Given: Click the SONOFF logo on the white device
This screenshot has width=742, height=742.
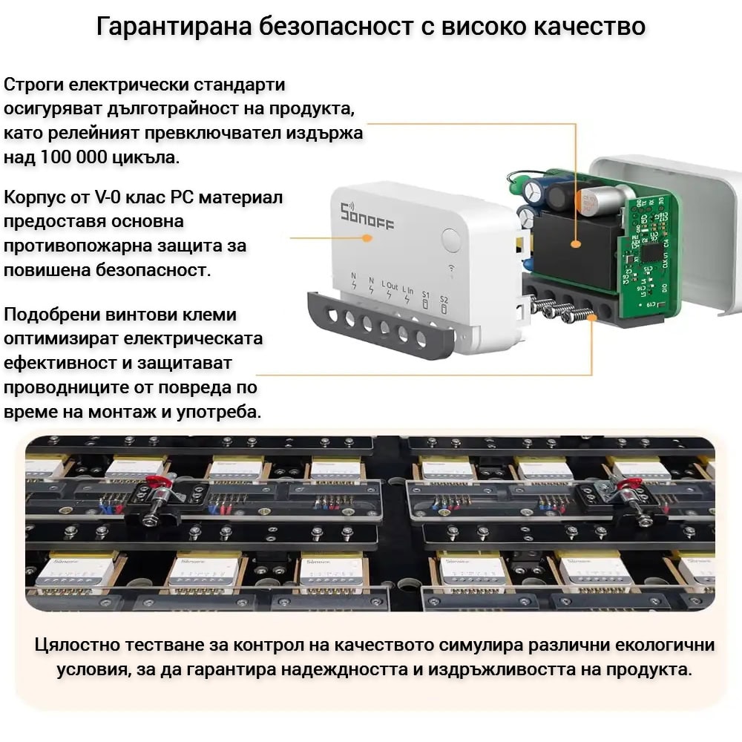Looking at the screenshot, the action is pyautogui.click(x=367, y=216).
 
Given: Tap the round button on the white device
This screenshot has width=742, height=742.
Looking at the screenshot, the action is pyautogui.click(x=451, y=240).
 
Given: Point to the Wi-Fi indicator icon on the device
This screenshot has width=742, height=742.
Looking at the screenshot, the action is pyautogui.click(x=452, y=269).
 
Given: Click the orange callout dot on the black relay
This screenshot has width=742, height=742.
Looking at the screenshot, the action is pyautogui.click(x=576, y=244).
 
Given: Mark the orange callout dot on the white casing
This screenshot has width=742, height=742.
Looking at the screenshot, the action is pyautogui.click(x=367, y=237).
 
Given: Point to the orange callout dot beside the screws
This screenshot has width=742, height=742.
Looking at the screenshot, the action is pyautogui.click(x=591, y=318).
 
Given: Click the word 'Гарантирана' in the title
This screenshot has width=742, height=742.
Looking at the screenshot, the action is pyautogui.click(x=174, y=27).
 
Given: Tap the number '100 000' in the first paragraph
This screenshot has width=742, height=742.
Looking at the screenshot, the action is pyautogui.click(x=73, y=157).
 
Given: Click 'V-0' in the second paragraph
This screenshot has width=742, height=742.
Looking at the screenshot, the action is pyautogui.click(x=108, y=197).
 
